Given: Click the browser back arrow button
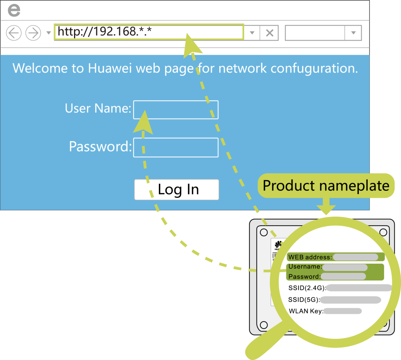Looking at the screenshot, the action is pos(14,33).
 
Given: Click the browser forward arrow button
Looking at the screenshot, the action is pos(33,33).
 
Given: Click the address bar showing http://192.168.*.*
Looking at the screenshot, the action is pos(148,32).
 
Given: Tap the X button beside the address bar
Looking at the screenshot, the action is pos(269,33).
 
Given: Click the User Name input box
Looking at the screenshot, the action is pos(176,110).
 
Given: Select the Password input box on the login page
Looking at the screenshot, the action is pos(176,147).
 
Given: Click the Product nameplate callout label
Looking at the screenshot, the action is pos(326,186).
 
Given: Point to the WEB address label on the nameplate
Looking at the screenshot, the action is pos(310,257).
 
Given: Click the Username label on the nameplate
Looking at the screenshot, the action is pos(305,267).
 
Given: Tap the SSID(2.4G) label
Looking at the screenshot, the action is pos(307,288).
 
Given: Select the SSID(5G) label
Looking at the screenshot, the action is pos(304,300).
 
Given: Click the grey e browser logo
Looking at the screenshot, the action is pos(14,10).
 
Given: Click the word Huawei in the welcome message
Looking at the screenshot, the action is pos(110,68).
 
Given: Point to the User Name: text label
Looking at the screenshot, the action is pos(98,108).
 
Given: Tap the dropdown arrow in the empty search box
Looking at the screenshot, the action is pos(354,33).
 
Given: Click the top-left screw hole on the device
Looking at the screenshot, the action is pos(264,232).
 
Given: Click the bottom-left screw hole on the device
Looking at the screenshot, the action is pos(264,325).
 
